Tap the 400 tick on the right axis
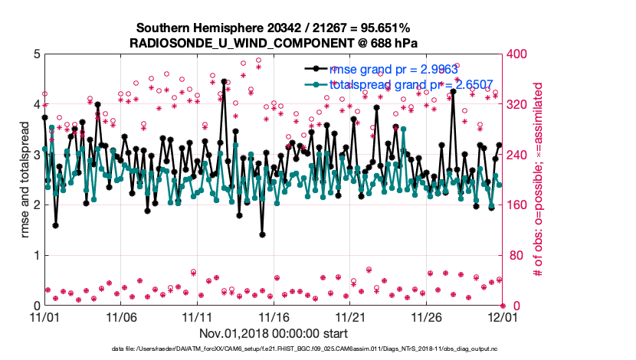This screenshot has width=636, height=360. click(518, 54)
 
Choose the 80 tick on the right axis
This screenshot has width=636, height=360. click(515, 256)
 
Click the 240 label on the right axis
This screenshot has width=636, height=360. click(518, 155)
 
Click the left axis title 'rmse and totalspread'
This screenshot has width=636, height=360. click(23, 180)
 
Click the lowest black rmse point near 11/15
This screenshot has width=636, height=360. click(262, 235)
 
